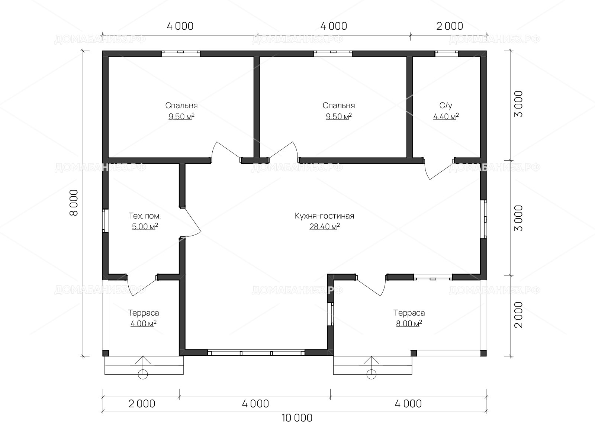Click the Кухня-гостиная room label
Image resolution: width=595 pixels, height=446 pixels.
pos(325,216)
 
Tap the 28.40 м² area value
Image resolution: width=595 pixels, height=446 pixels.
pos(325,226)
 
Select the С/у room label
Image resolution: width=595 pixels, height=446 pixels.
pos(446,105)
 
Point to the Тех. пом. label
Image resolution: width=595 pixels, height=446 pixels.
pos(145,216)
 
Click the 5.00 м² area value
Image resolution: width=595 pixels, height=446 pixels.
pos(145,226)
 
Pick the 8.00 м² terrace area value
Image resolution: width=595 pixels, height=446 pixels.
pos(409,323)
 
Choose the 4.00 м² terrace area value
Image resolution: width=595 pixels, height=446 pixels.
pos(144,323)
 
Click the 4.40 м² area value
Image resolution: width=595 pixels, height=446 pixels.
pos(446,116)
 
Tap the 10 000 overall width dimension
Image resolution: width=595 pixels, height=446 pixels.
pos(297,418)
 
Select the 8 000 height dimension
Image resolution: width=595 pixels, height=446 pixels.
pos(74,203)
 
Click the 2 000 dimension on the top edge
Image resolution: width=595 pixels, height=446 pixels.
pos(450,26)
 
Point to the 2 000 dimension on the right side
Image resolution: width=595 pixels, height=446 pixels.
pos(518,315)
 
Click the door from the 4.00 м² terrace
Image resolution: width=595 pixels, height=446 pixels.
pos(142,286)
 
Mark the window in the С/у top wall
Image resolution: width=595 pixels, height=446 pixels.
pos(447,54)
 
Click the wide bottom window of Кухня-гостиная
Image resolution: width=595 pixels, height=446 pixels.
pos(256,353)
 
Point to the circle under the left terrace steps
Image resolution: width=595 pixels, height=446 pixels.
pos(143,375)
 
